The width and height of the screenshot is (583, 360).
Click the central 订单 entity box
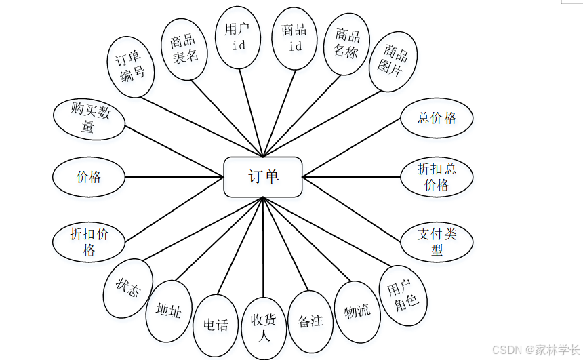pyautogui.click(x=263, y=177)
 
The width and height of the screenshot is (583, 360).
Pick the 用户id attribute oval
pyautogui.click(x=238, y=37)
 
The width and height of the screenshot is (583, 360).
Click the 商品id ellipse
pyautogui.click(x=295, y=38)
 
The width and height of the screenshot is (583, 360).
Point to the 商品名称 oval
pyautogui.click(x=346, y=44)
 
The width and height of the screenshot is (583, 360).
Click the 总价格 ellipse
pyautogui.click(x=437, y=118)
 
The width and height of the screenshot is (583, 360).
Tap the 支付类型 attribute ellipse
pyautogui.click(x=437, y=241)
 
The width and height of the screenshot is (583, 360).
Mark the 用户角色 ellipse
pyautogui.click(x=403, y=296)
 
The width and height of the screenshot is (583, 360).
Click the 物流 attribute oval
pyautogui.click(x=357, y=311)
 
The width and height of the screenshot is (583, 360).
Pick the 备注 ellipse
pyautogui.click(x=310, y=321)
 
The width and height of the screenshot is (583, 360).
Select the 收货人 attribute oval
pyautogui.click(x=264, y=327)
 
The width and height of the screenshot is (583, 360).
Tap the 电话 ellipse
pyautogui.click(x=216, y=325)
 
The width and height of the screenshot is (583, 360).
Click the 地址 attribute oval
pyautogui.click(x=169, y=311)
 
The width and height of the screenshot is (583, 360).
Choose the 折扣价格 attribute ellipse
pyautogui.click(x=89, y=241)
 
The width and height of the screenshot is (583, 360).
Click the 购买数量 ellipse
pyautogui.click(x=89, y=119)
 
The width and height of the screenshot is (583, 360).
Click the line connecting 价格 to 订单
pyautogui.click(x=174, y=178)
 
